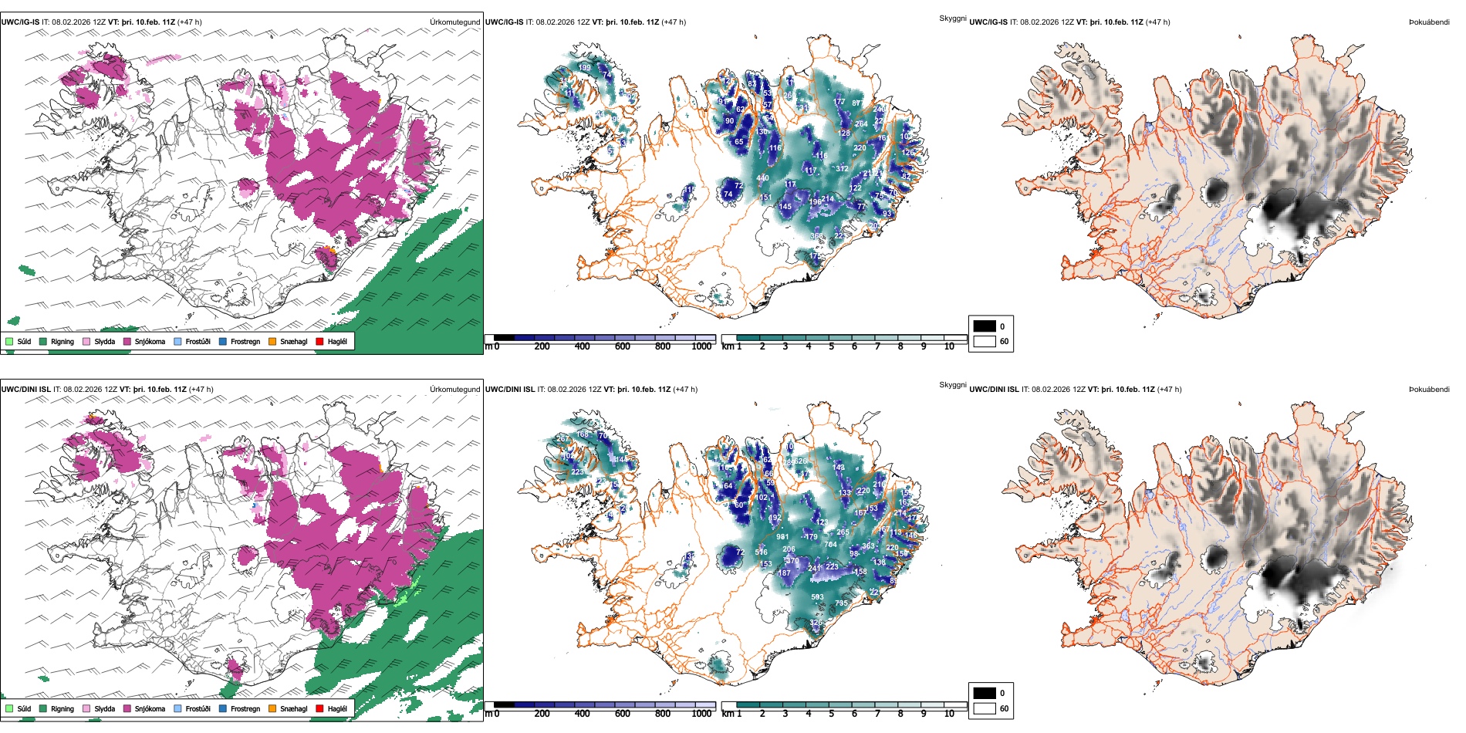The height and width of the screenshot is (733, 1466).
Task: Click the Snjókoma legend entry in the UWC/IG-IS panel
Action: pyautogui.click(x=150, y=341)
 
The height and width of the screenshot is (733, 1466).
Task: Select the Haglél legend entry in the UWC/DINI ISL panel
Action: pyautogui.click(x=337, y=708)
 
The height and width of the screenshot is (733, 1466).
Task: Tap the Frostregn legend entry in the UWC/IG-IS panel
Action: pyautogui.click(x=245, y=341)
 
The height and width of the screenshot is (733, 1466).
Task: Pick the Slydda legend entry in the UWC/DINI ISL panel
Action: pyautogui.click(x=104, y=708)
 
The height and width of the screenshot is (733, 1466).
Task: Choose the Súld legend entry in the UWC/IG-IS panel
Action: pyautogui.click(x=24, y=341)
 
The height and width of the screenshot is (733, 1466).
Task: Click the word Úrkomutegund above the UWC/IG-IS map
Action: pyautogui.click(x=454, y=22)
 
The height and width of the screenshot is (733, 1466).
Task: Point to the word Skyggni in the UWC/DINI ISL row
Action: pyautogui.click(x=952, y=384)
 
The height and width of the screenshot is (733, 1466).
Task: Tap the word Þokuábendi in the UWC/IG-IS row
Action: pyautogui.click(x=1429, y=22)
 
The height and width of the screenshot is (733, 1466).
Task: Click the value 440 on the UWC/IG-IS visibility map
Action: pyautogui.click(x=762, y=178)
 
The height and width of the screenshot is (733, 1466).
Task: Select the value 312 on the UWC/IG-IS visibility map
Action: pyautogui.click(x=842, y=169)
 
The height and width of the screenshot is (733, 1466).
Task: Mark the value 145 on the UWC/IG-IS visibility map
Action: pyautogui.click(x=785, y=207)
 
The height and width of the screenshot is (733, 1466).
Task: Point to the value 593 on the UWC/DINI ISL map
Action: pyautogui.click(x=817, y=597)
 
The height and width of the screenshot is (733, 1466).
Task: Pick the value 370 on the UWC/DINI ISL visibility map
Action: pyautogui.click(x=792, y=561)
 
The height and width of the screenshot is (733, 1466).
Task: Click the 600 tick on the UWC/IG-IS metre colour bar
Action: pyautogui.click(x=622, y=346)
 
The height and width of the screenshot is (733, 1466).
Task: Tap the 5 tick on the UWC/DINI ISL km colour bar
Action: pyautogui.click(x=831, y=714)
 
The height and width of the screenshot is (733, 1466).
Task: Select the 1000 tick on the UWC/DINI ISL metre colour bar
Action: pyautogui.click(x=701, y=714)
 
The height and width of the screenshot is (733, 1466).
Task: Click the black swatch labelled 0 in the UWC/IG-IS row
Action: pyautogui.click(x=985, y=326)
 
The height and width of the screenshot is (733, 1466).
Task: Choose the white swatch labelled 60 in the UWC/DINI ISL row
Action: pyautogui.click(x=985, y=708)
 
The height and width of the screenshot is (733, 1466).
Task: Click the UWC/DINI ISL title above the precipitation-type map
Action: pyautogui.click(x=25, y=390)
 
